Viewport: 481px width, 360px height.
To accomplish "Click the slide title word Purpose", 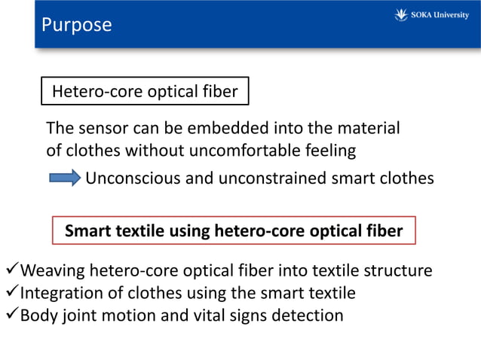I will (x=76, y=25).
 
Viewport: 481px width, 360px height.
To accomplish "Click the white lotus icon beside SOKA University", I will (x=401, y=15).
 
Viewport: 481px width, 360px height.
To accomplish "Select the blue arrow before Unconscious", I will (x=65, y=178).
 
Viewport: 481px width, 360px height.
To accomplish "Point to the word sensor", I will (x=105, y=128).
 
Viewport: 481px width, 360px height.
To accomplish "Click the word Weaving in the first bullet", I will (x=51, y=270).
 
